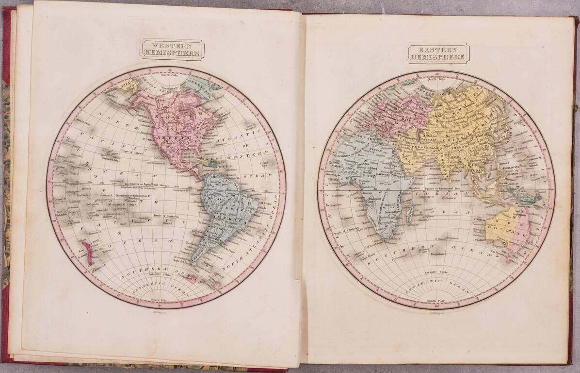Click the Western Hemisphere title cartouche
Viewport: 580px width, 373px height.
172,50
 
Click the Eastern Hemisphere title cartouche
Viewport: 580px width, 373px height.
438,53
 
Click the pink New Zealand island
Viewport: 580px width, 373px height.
88,252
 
